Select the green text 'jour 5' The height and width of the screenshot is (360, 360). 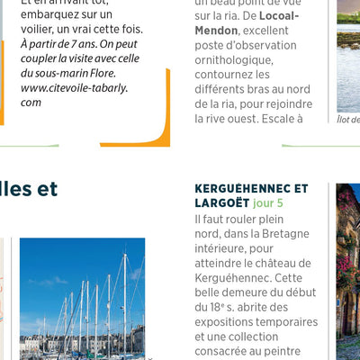click(268, 203)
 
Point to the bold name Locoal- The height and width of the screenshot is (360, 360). click(271, 16)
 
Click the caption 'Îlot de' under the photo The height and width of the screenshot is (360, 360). click(349, 118)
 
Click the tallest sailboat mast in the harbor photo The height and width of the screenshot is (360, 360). click(125, 297)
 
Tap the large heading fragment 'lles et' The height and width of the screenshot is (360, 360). click(29, 189)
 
